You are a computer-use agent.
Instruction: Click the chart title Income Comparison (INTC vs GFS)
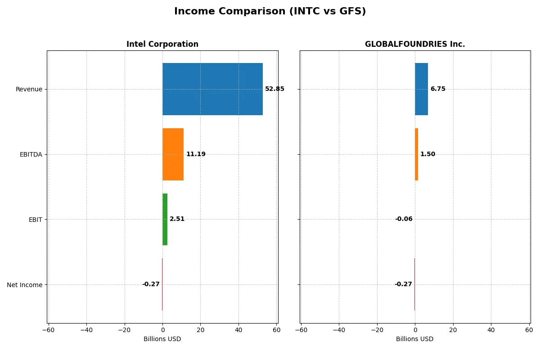click(x=270, y=11)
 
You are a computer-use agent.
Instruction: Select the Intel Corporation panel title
click(x=162, y=44)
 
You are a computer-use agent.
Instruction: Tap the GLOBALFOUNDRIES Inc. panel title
click(x=414, y=44)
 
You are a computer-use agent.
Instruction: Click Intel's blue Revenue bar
click(x=212, y=89)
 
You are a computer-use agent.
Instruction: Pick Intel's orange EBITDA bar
click(x=173, y=154)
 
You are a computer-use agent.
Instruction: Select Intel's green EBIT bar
click(x=165, y=220)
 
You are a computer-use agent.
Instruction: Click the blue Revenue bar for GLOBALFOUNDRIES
click(x=421, y=89)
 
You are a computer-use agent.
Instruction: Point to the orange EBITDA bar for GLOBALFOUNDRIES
click(x=416, y=154)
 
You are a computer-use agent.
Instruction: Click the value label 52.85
click(x=274, y=89)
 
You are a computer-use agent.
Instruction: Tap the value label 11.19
click(x=196, y=154)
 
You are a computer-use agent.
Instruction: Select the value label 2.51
click(x=177, y=219)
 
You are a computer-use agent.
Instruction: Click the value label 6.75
click(x=437, y=89)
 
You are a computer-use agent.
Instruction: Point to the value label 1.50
click(x=427, y=154)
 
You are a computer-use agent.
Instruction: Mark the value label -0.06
click(x=404, y=219)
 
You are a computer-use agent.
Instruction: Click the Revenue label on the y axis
click(x=29, y=89)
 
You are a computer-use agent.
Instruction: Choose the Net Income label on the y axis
click(x=25, y=285)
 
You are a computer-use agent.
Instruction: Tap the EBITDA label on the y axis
click(x=31, y=154)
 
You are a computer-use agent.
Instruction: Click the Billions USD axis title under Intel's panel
click(x=162, y=339)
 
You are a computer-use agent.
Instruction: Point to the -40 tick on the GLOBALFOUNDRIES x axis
click(x=339, y=330)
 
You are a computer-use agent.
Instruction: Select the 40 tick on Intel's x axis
click(x=238, y=330)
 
